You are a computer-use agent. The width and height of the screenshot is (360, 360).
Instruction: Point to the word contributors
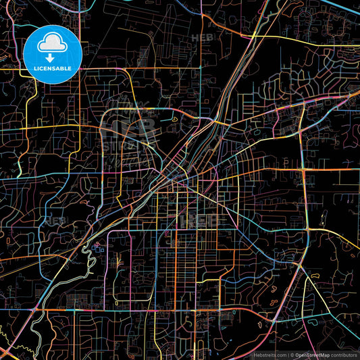click(344, 354)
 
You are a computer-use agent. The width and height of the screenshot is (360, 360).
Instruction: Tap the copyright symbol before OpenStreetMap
click(292, 354)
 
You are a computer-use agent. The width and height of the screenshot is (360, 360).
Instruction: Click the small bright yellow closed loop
click(175, 120)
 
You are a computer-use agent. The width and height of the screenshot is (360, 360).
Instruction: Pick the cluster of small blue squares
click(99, 247)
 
